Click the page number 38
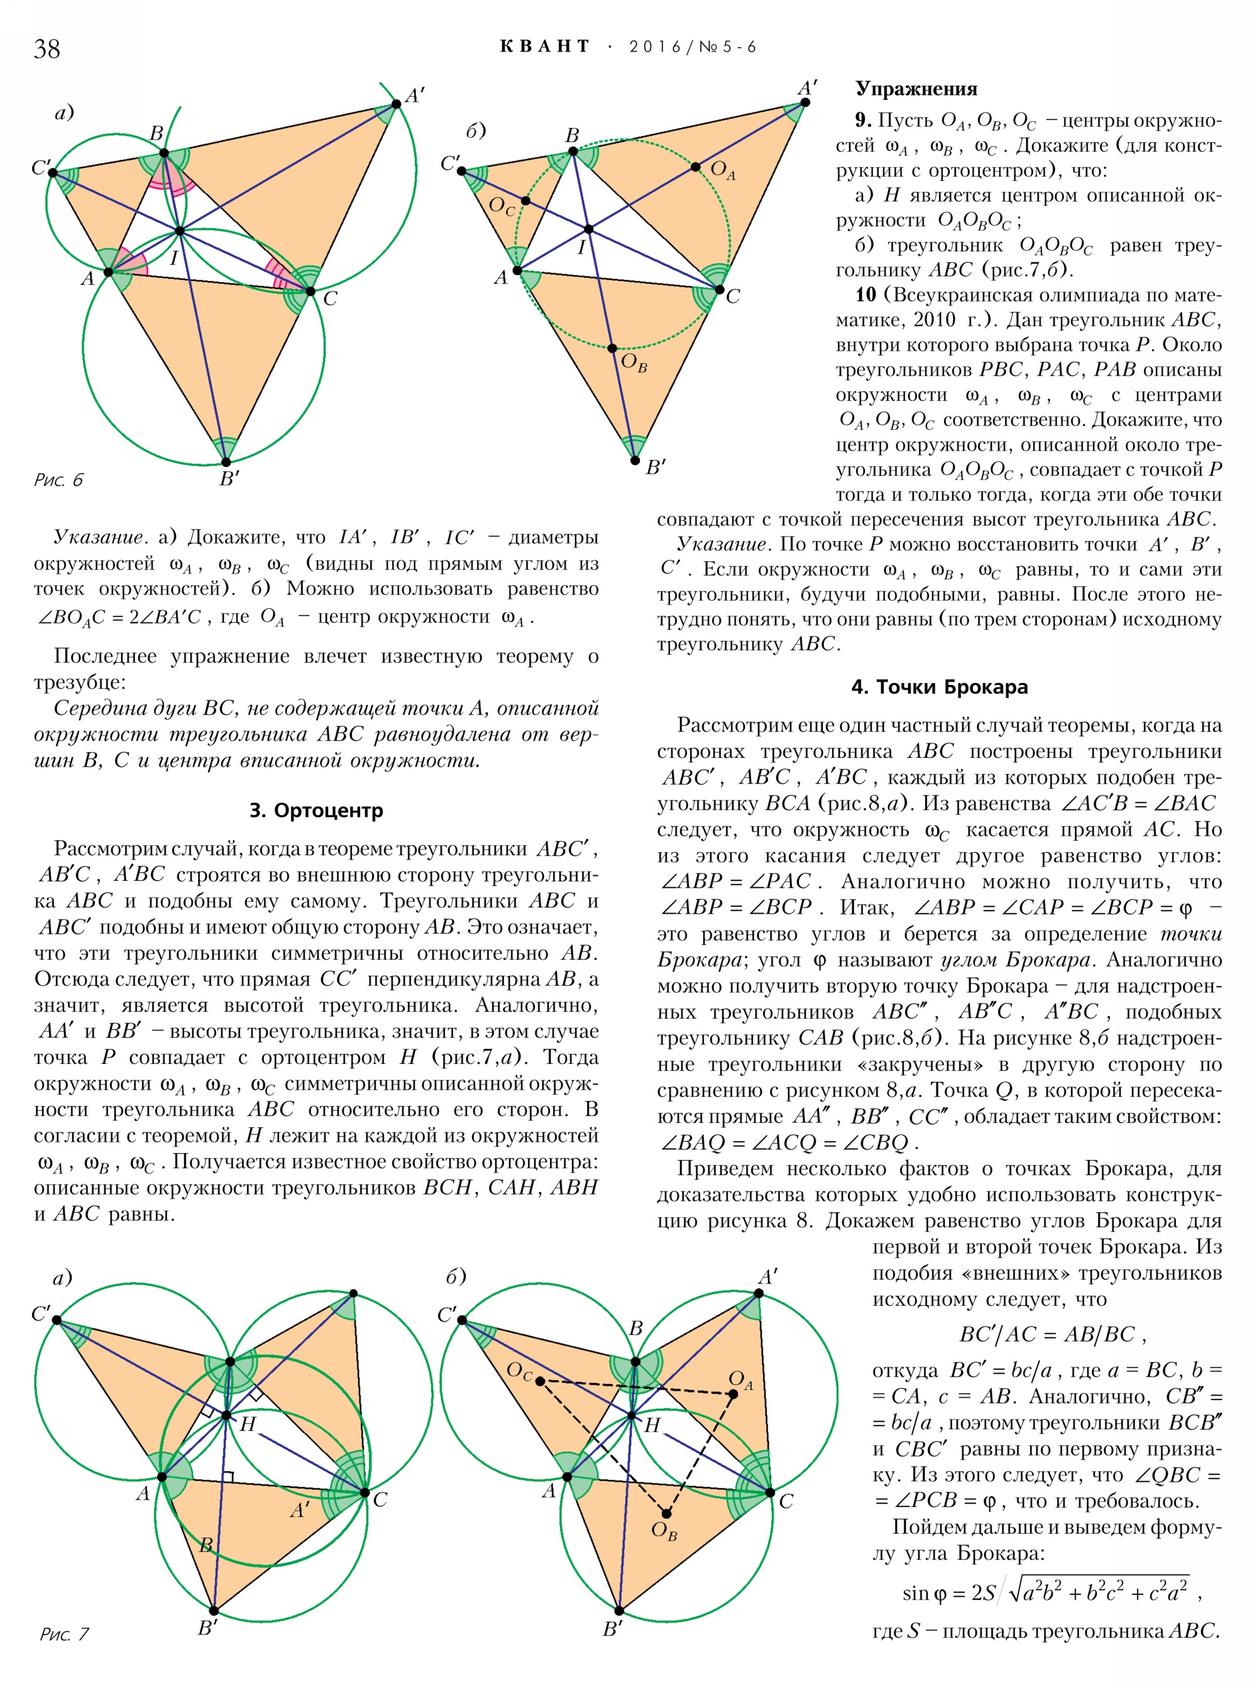click(47, 48)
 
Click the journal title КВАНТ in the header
click(545, 47)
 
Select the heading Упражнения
click(916, 89)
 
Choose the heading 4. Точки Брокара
click(939, 687)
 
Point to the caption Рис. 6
click(58, 479)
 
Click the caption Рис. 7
click(64, 1633)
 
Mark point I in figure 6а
click(180, 231)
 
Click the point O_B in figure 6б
click(613, 349)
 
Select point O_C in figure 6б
click(525, 201)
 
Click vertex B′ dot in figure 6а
click(226, 462)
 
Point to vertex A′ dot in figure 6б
click(805, 102)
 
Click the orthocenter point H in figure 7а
click(226, 1415)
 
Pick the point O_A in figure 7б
click(733, 1394)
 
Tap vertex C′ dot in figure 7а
click(57, 1320)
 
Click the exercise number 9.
click(862, 120)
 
